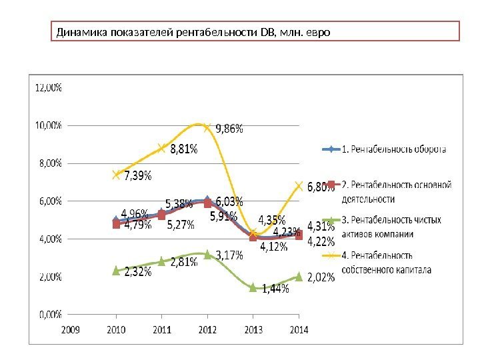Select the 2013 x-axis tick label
(x=253, y=329)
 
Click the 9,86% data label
(x=229, y=130)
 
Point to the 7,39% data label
(x=137, y=176)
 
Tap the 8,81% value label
(x=183, y=150)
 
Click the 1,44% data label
(x=275, y=289)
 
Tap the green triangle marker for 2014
(x=299, y=276)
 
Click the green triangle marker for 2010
(x=116, y=270)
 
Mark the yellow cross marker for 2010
(x=116, y=174)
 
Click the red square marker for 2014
(x=299, y=235)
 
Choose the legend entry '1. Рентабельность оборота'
(x=394, y=149)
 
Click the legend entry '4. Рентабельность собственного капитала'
(x=387, y=263)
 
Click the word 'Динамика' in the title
(x=77, y=31)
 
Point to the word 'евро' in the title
(x=317, y=31)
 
